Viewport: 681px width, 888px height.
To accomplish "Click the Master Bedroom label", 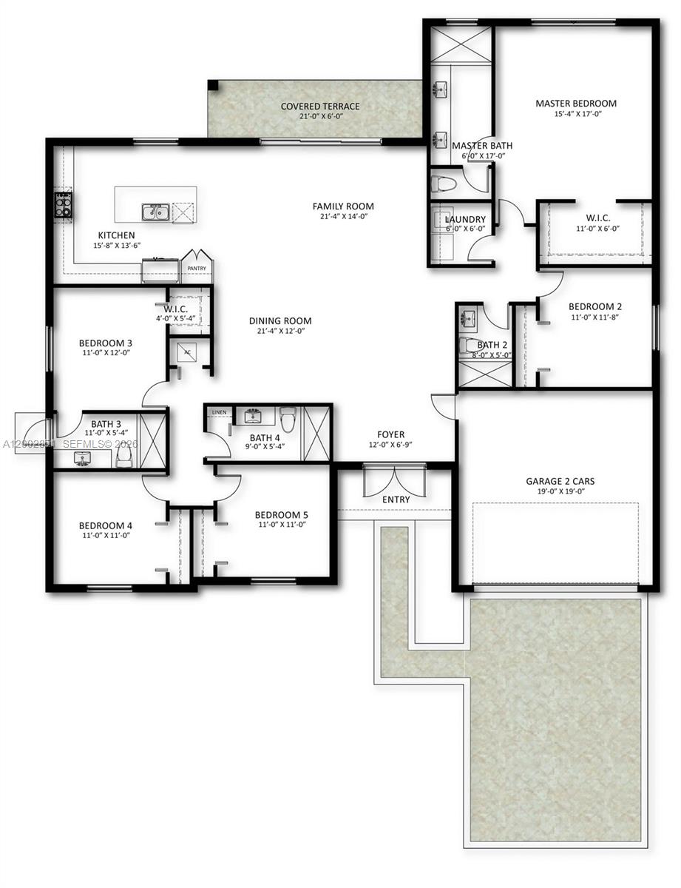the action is click(576, 103).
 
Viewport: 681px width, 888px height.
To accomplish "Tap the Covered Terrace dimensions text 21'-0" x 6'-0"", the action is click(320, 117).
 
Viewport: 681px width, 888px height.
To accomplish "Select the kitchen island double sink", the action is click(156, 213).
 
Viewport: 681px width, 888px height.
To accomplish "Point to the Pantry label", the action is click(197, 269).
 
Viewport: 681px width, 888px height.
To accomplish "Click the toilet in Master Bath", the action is click(445, 183).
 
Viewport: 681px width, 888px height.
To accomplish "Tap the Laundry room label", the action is click(465, 219).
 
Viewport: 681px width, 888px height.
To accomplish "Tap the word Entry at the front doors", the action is click(396, 499).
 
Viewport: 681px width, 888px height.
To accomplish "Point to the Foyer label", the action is click(391, 434).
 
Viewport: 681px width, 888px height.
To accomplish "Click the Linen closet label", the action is click(219, 411).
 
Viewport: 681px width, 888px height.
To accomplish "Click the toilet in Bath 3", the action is click(123, 459).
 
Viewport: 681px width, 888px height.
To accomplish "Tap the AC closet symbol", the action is click(186, 353).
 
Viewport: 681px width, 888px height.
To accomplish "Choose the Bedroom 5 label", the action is click(280, 514).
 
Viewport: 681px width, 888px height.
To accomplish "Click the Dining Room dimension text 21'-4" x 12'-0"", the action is click(280, 332).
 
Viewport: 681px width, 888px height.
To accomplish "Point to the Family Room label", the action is click(343, 206).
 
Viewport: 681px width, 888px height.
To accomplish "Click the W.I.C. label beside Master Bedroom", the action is click(597, 218).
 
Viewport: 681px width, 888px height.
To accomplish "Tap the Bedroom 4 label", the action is click(106, 525).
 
